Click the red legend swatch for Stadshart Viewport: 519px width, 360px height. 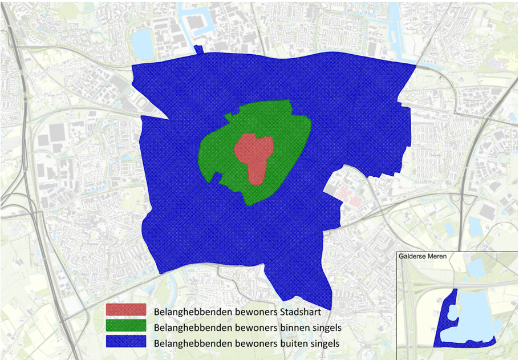click(126, 310)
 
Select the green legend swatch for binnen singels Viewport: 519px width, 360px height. click(126, 327)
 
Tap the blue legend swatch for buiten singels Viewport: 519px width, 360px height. click(126, 343)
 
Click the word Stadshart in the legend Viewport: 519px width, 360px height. click(291, 312)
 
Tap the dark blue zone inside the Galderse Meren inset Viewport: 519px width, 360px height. click(444, 331)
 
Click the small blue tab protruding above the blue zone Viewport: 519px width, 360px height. click(198, 50)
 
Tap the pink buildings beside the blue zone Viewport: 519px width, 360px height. click(349, 197)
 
